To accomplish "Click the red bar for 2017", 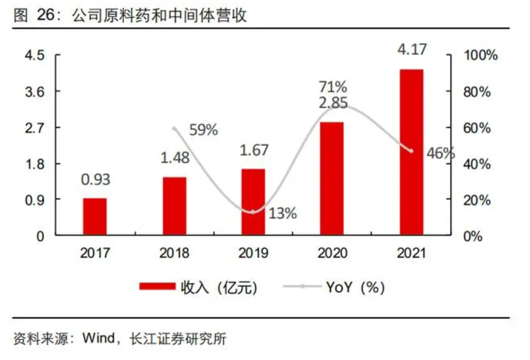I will pos(95,217).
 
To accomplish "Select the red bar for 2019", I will pos(253,202).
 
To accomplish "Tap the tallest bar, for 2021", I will pos(411,152).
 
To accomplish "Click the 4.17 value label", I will pos(412,51).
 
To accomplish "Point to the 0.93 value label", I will pos(96,179).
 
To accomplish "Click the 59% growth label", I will pos(203,130).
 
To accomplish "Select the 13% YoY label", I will pos(282,213).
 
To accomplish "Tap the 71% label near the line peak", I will pos(333,86).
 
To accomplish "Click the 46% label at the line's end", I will pos(441,154).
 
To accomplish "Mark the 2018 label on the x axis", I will pos(174,253).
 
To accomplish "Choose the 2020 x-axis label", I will pos(332,253).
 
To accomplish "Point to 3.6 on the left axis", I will pos(35,91).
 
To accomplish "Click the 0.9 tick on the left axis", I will pos(35,199).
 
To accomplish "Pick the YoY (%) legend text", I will pos(354,287).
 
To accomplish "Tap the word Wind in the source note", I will pos(98,339).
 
